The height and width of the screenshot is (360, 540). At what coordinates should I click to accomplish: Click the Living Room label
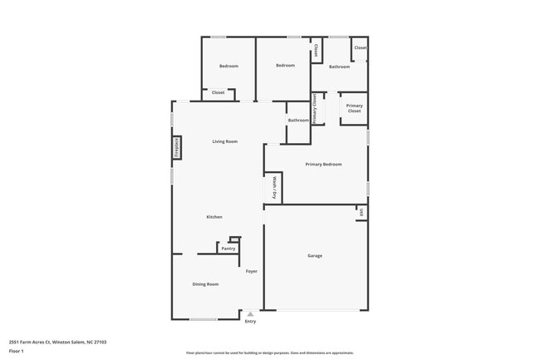(224, 141)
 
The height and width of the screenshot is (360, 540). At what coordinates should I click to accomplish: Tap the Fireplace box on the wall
(176, 147)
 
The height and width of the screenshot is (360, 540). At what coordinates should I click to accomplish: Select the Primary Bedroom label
(323, 165)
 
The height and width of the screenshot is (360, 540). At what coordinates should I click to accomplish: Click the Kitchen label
(214, 217)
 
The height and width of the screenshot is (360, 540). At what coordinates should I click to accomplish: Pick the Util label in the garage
(362, 214)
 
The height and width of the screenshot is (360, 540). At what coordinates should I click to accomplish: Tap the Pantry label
(228, 249)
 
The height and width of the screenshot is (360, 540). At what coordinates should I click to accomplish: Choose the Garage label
(315, 256)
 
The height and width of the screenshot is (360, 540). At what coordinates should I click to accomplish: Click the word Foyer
(251, 272)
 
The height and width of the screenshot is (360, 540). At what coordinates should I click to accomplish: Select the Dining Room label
(205, 285)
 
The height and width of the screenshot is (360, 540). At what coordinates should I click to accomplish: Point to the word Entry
(250, 322)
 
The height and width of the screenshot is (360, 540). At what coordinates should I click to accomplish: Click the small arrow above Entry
(250, 314)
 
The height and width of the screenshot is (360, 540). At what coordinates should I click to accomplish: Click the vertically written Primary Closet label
(315, 108)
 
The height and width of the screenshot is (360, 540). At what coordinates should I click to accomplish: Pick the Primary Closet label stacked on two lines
(355, 108)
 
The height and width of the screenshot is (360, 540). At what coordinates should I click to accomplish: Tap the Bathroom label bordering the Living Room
(298, 121)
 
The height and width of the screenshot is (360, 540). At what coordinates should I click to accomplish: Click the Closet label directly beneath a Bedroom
(218, 92)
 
